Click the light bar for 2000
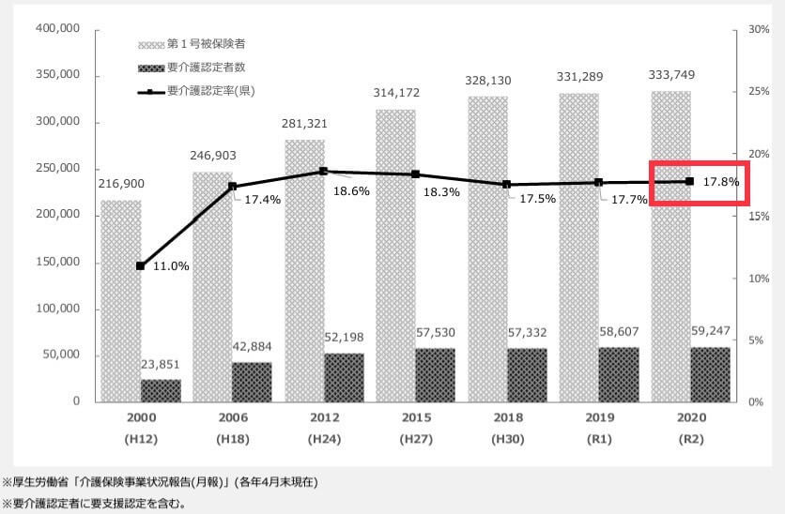point(120,300)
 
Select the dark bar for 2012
point(344,377)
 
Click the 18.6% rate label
point(351,190)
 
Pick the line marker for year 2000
point(140,266)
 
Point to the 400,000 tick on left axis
point(58,29)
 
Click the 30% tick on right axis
point(747,29)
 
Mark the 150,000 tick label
point(58,262)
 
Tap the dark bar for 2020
point(710,374)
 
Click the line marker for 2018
point(506,185)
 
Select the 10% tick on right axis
point(747,279)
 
